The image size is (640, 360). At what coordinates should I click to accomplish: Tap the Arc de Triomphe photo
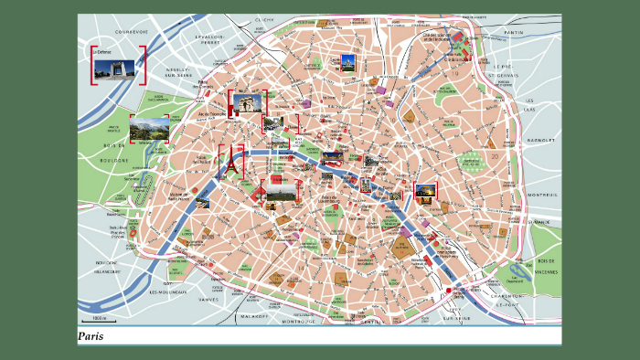pos(247,103)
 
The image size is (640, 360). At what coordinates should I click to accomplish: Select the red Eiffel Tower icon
pos(232,164)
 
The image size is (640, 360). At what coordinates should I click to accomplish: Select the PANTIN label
pos(514,32)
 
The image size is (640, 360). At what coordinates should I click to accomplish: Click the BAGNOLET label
pos(541,140)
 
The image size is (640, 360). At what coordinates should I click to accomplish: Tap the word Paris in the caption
pos(91,336)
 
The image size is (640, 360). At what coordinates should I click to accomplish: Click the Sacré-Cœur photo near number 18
pos(347,62)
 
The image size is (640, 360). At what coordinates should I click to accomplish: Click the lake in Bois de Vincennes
pos(520,270)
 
